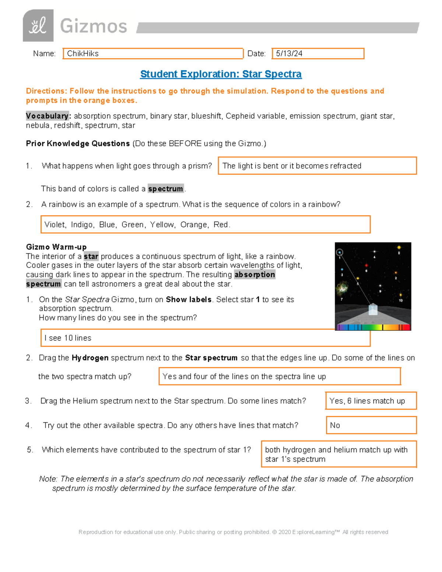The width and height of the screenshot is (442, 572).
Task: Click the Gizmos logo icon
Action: [38, 26]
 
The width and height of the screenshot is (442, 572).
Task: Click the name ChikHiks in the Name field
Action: [83, 53]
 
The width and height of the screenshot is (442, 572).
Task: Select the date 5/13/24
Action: [289, 53]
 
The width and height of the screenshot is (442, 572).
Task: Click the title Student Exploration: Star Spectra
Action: [221, 74]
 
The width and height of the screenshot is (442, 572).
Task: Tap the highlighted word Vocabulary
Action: [47, 116]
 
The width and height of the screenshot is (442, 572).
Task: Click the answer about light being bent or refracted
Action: [292, 166]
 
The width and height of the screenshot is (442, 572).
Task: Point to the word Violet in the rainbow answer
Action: [55, 225]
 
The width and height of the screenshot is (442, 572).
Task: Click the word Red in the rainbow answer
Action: [221, 225]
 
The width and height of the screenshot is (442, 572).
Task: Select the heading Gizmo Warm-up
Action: [56, 247]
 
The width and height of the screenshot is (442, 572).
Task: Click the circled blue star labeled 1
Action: [340, 252]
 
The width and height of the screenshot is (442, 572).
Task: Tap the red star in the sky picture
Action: [366, 265]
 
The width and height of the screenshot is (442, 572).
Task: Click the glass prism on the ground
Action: [373, 309]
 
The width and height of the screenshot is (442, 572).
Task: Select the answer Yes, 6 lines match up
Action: [367, 401]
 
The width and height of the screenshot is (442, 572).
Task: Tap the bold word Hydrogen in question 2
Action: [90, 358]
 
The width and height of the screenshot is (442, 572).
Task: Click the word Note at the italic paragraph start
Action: [48, 479]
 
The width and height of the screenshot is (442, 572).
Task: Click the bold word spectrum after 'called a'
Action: [165, 189]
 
